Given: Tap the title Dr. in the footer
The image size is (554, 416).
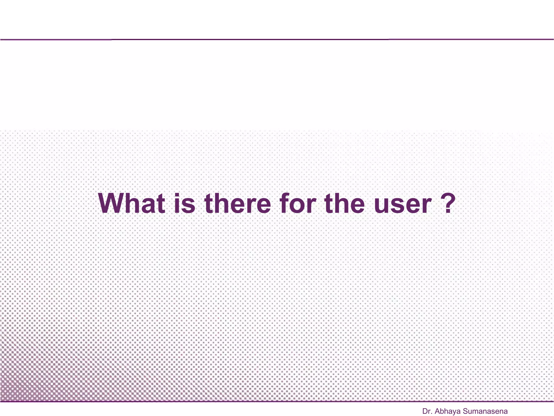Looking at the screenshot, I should pos(427,411).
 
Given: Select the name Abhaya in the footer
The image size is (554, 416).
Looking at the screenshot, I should pos(448,412).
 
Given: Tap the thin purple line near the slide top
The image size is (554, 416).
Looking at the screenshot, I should pos(277,40).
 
